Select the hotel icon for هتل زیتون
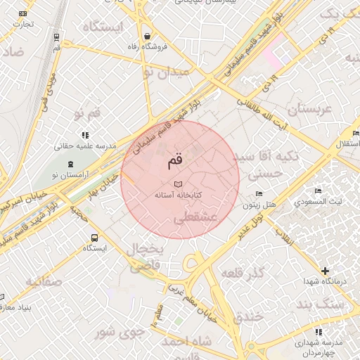(x=259, y=194)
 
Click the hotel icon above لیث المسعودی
(x=319, y=191)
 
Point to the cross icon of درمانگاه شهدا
(x=324, y=271)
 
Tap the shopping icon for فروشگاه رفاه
(x=146, y=36)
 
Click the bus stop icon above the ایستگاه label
(x=94, y=237)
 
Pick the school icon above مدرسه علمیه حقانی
(x=85, y=134)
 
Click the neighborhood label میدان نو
(x=166, y=72)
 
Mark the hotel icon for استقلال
(x=356, y=134)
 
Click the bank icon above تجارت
(x=23, y=13)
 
